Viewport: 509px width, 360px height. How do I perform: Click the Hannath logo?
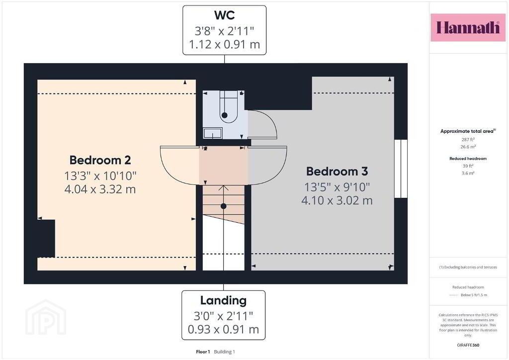coord(468,27)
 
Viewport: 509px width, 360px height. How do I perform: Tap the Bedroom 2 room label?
coord(100,160)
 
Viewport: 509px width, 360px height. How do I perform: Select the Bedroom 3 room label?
coord(337,172)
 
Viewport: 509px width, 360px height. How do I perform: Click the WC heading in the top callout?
coord(224,15)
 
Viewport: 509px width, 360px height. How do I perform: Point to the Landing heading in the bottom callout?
coord(223,301)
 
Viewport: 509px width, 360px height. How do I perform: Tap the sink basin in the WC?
coord(213,133)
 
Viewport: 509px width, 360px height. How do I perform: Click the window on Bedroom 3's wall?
coord(401,169)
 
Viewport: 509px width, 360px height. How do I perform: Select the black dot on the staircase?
coord(223,206)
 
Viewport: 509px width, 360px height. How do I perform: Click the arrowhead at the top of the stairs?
coord(223,188)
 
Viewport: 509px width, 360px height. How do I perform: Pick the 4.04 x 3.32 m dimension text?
coord(100,189)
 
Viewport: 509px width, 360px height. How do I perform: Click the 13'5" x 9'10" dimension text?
coord(337,187)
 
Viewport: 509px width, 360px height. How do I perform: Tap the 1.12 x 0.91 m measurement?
coord(224,44)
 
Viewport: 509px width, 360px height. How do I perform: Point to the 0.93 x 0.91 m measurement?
coord(223,330)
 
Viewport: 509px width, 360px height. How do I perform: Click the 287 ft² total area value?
coord(468,140)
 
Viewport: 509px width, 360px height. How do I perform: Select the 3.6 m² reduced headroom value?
coord(468,174)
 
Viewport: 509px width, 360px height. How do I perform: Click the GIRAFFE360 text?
coord(468,345)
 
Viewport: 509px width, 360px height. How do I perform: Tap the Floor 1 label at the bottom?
coord(203,352)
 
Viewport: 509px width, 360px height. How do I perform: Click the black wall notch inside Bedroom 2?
coord(46,239)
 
